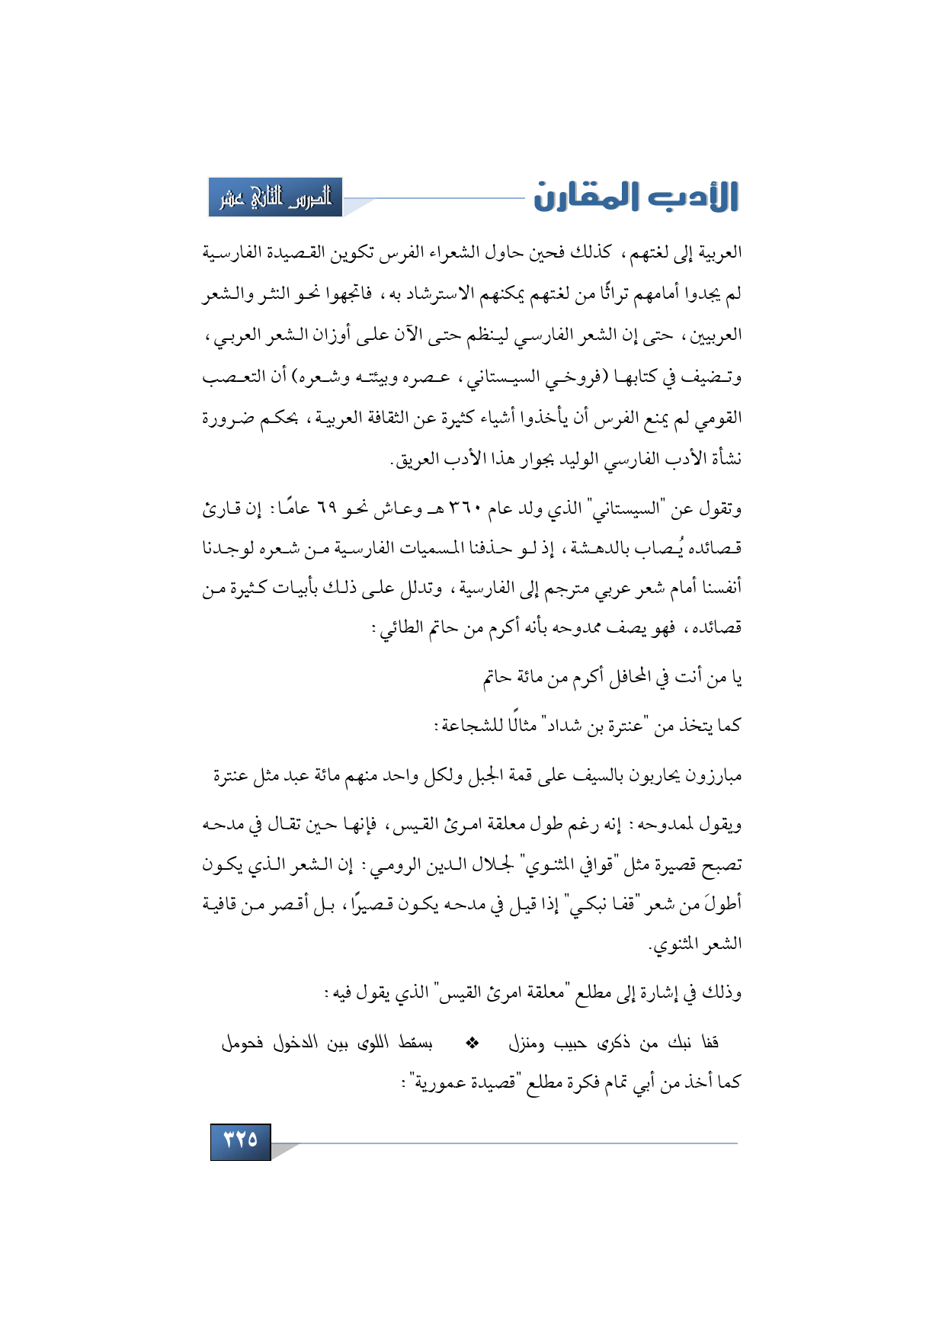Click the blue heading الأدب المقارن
636,197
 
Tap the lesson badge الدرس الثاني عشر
276,197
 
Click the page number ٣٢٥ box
241,1140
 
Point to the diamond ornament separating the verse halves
472,1042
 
